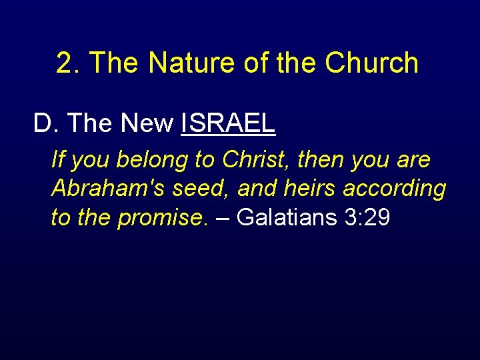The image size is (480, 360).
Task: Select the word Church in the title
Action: click(x=372, y=63)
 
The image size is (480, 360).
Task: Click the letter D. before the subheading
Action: click(x=46, y=123)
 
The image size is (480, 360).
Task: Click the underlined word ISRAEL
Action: click(x=228, y=123)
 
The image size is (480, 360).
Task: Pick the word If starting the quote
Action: click(x=58, y=160)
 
